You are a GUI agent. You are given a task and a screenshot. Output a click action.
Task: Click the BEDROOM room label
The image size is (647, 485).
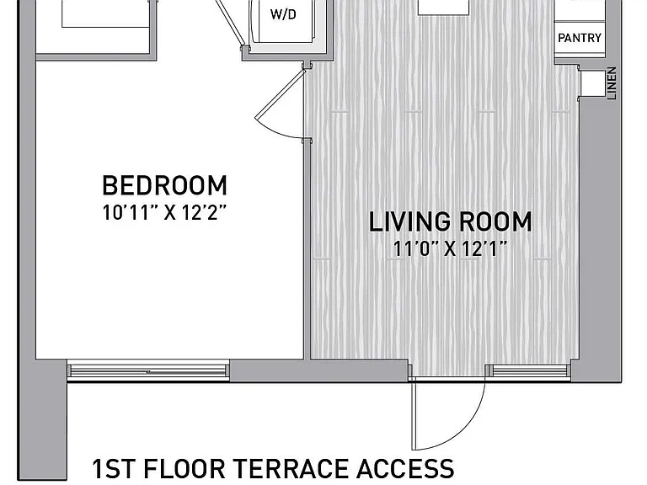[164, 185]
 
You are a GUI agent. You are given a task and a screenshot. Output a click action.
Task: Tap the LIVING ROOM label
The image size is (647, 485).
[450, 222]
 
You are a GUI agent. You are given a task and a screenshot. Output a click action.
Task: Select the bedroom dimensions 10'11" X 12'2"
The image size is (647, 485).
[164, 213]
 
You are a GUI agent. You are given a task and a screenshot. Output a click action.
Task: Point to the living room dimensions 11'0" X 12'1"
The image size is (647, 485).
[450, 248]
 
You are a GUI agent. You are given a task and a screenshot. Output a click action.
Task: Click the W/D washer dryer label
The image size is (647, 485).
[283, 14]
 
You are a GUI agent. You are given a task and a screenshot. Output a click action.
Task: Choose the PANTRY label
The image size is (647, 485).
[580, 38]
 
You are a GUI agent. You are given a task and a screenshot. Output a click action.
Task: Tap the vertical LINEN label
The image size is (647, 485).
[612, 83]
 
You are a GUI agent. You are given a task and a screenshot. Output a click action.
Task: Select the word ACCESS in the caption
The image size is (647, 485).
[405, 468]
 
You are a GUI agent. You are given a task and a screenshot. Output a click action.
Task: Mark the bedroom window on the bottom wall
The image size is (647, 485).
[148, 370]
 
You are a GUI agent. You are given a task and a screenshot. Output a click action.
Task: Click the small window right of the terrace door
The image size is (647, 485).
[529, 370]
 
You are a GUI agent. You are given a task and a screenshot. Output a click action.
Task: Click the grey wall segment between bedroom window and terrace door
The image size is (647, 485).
[318, 370]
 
